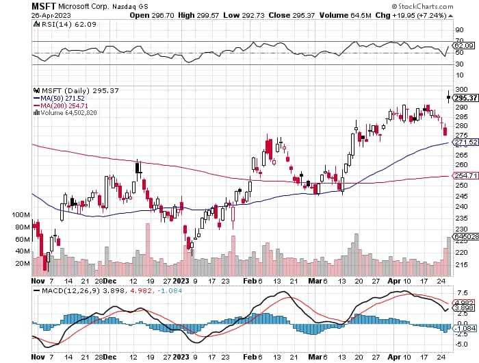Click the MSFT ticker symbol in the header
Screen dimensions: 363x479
pyautogui.click(x=43, y=6)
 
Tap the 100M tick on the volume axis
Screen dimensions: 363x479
pyautogui.click(x=21, y=215)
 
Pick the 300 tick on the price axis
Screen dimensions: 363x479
pyautogui.click(x=461, y=89)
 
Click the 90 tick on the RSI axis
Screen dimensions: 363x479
pyautogui.click(x=459, y=30)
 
